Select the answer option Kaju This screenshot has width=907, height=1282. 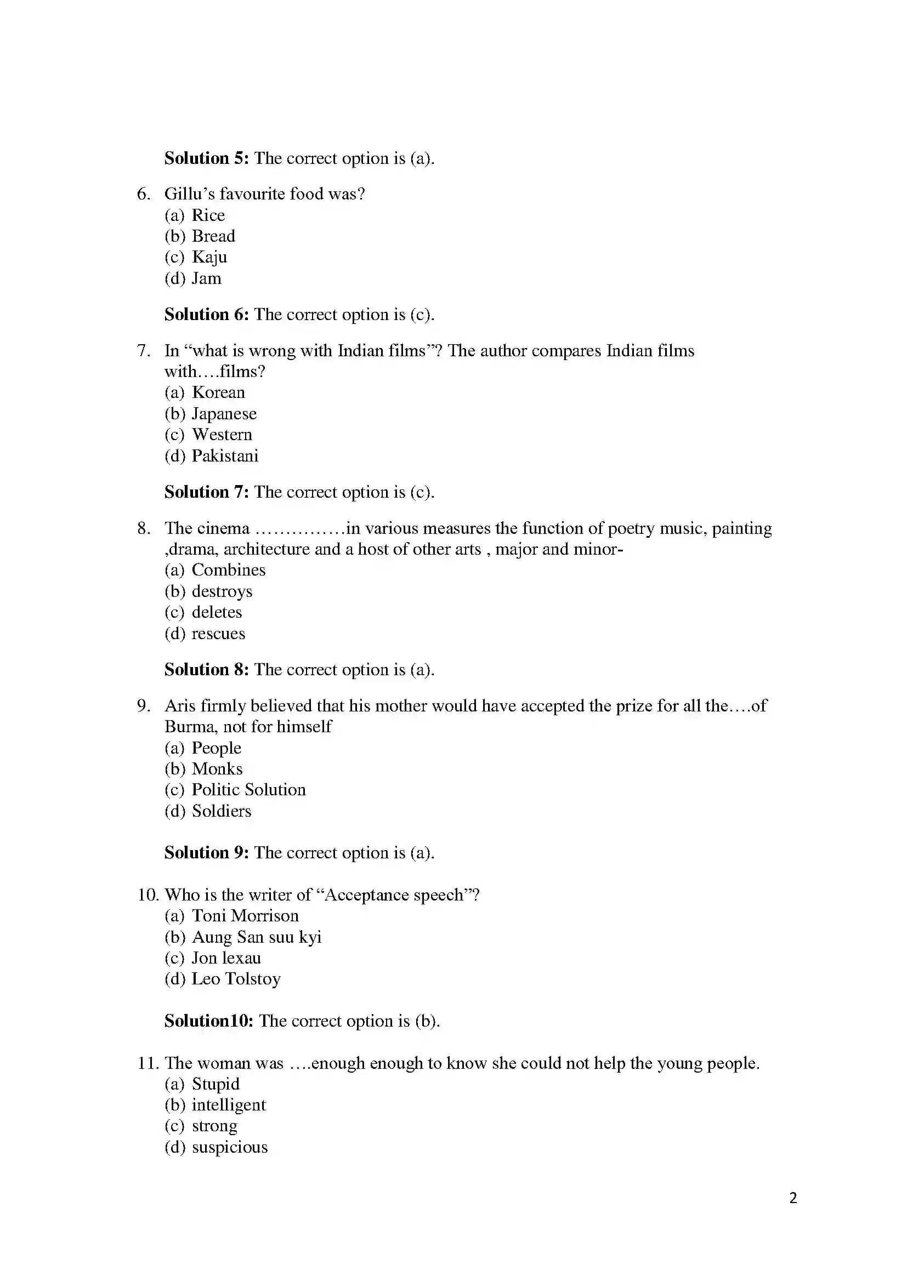(209, 258)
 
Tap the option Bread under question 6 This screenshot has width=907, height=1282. (213, 236)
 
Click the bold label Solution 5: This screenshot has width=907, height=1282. (206, 158)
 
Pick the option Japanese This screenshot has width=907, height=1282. (224, 414)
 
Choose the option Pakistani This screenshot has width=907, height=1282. (224, 456)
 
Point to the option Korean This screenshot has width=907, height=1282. (218, 392)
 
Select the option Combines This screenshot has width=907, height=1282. (229, 570)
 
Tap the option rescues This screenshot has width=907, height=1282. (218, 634)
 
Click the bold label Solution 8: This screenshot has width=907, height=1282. (206, 669)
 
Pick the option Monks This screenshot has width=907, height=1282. (217, 769)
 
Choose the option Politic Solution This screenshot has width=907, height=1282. (248, 790)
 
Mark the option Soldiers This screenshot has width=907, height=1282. (221, 811)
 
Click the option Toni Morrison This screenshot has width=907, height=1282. (245, 916)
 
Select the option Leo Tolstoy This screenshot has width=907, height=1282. (236, 979)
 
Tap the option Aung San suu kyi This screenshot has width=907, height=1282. (256, 937)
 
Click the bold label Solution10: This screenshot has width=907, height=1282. (209, 1021)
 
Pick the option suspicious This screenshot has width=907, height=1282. (230, 1147)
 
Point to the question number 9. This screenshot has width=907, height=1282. (144, 706)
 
